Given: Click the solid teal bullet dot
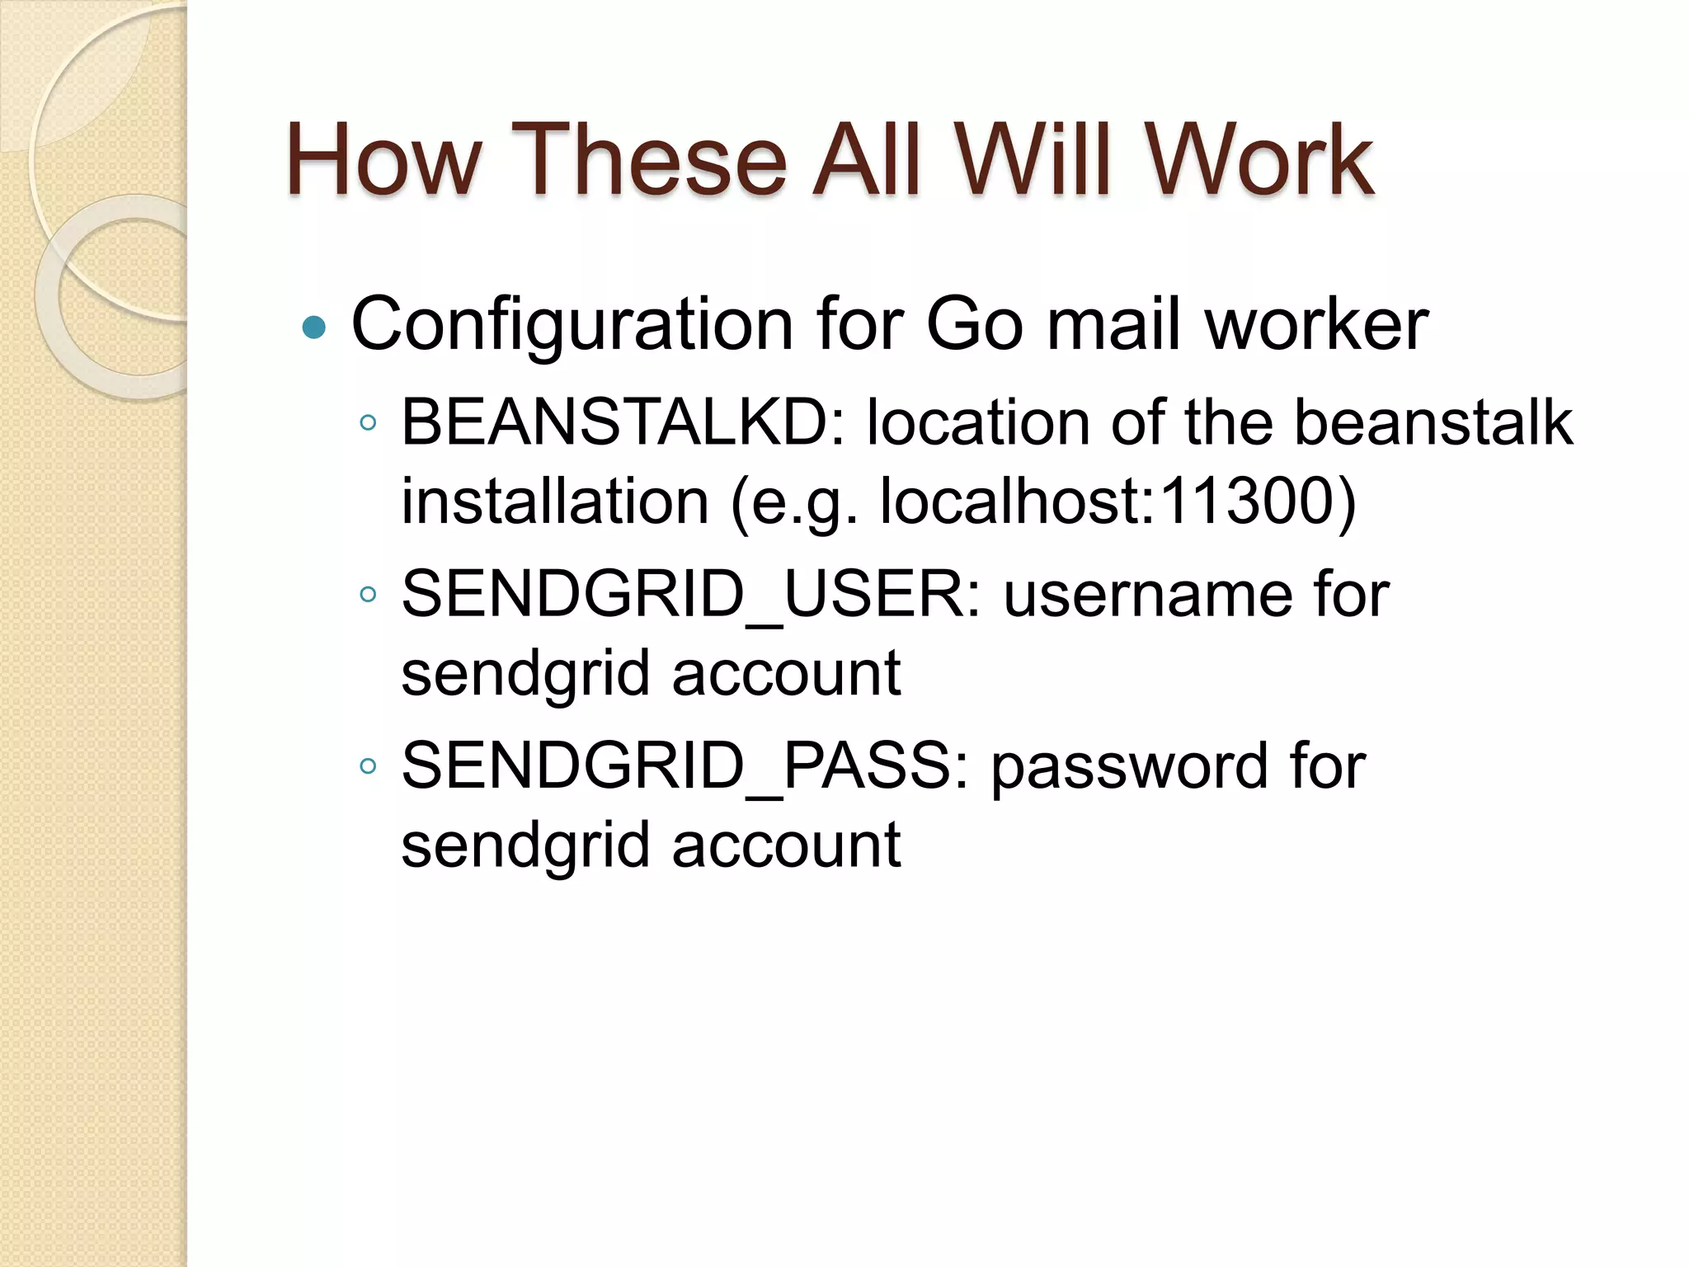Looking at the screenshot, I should (x=314, y=328).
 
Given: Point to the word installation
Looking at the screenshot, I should (x=555, y=502).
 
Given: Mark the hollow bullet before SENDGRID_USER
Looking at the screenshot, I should (x=368, y=595).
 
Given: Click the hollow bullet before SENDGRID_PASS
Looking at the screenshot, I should (x=368, y=766).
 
